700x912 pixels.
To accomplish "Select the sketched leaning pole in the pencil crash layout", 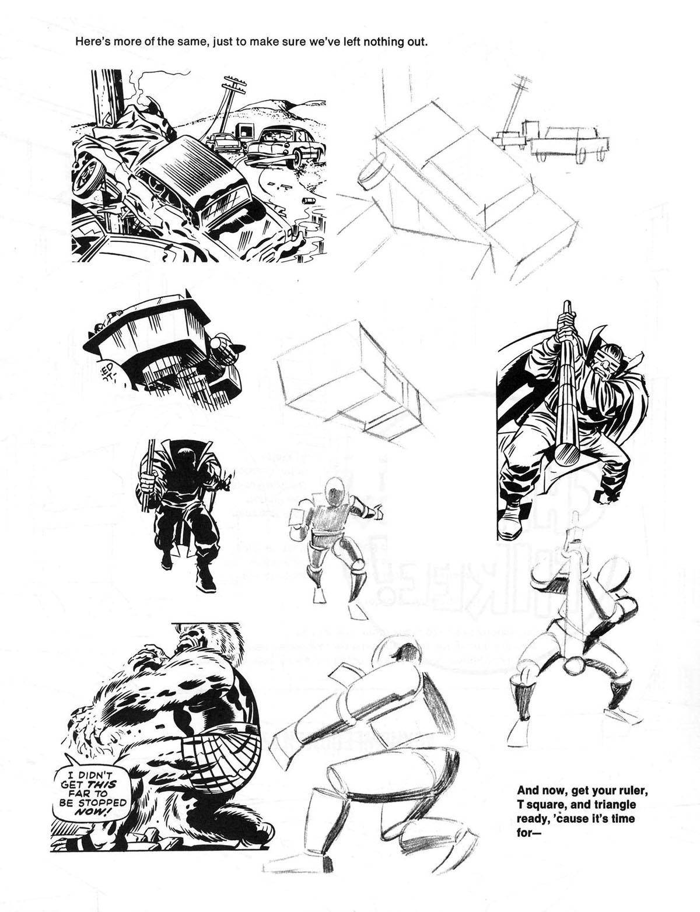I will tap(510, 108).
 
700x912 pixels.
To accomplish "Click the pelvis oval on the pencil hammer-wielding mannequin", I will tap(575, 663).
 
